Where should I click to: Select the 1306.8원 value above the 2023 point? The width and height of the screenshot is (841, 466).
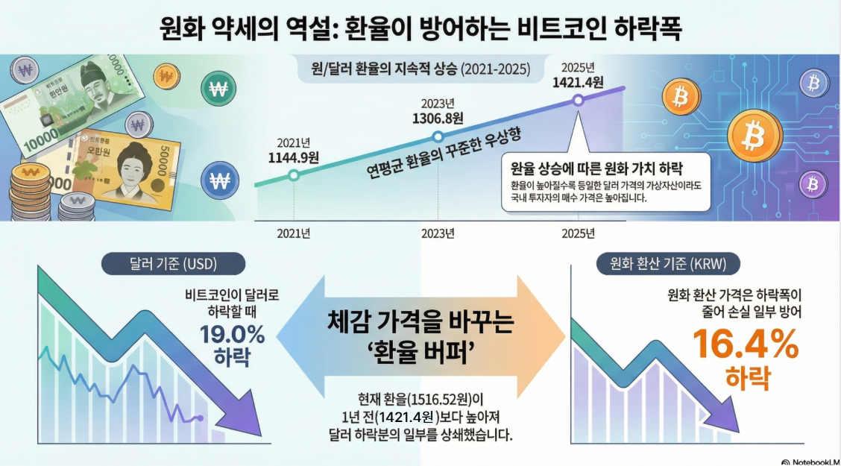pos(438,118)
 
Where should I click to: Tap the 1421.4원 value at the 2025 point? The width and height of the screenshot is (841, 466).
pos(577,82)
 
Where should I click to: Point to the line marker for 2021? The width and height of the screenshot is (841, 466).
pos(294,175)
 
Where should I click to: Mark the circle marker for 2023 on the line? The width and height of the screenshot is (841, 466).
pos(438,136)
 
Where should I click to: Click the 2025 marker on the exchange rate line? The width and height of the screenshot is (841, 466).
pos(577,100)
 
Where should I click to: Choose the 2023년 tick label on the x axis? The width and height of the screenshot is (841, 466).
pos(438,233)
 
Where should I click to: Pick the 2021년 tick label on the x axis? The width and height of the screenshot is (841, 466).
pos(294,233)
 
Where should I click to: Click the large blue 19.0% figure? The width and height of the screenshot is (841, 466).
pos(233,335)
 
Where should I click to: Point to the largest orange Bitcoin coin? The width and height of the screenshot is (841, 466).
pos(755,137)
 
